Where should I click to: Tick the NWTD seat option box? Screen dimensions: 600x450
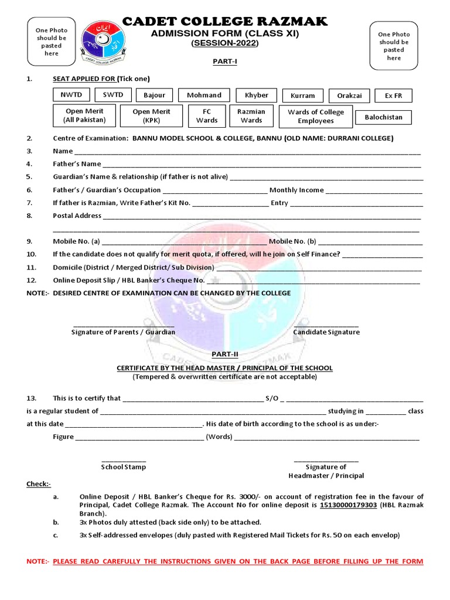(x=72, y=95)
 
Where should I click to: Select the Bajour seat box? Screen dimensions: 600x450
(x=155, y=96)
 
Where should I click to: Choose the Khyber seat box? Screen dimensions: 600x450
(x=257, y=96)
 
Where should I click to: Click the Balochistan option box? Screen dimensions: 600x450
(x=384, y=117)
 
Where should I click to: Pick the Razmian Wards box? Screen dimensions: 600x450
(x=251, y=116)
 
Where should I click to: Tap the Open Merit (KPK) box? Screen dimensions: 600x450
(x=151, y=116)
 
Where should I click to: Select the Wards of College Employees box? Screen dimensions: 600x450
(x=315, y=116)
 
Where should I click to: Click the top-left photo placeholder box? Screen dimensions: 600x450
(x=52, y=42)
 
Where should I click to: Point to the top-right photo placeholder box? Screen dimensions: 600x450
(x=394, y=46)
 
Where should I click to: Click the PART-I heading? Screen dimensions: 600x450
(x=224, y=61)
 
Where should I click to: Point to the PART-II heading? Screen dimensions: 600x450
(x=225, y=354)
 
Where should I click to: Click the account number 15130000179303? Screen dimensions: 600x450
(x=348, y=505)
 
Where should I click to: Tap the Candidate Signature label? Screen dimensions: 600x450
(x=326, y=332)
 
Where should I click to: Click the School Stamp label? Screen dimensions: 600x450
(x=124, y=467)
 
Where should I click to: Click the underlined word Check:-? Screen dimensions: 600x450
(x=39, y=484)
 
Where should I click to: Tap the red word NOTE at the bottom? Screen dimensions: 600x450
(x=37, y=562)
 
